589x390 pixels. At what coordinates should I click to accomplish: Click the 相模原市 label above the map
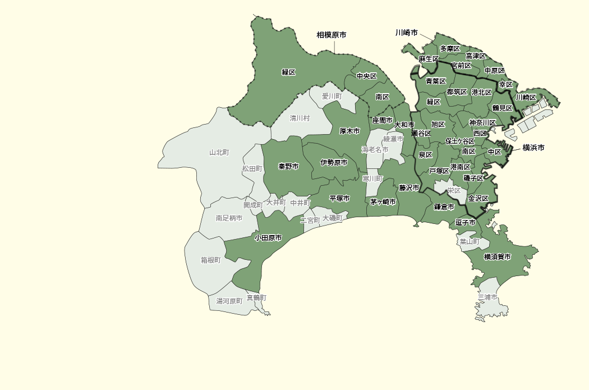331,35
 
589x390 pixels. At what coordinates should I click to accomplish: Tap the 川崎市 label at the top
406,33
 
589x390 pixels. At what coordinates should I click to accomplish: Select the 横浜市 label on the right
533,148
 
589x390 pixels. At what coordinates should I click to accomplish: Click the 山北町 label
219,152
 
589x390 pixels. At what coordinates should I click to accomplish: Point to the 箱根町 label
210,260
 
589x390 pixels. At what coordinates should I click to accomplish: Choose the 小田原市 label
268,238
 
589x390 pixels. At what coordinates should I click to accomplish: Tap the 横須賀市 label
498,257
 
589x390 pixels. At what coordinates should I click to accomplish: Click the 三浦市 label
487,296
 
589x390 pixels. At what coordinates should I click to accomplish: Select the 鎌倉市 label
444,207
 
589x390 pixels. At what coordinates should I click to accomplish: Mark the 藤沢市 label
409,187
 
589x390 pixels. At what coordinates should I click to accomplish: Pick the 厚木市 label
349,131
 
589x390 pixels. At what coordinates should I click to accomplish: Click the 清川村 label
300,118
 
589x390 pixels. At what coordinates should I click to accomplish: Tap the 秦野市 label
288,167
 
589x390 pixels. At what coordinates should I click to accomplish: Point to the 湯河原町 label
229,301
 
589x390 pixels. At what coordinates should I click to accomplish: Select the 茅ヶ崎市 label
383,202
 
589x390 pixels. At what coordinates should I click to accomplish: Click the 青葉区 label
435,81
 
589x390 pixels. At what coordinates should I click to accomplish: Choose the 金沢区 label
478,199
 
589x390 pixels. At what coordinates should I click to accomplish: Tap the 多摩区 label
450,49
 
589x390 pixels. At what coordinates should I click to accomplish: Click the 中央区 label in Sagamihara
366,76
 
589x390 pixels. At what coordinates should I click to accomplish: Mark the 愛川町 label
332,97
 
